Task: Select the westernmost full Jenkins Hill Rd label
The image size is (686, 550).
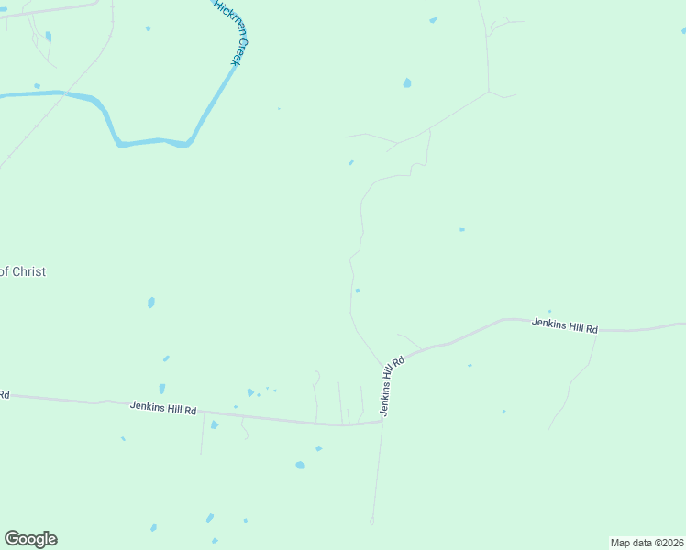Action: [x=163, y=409]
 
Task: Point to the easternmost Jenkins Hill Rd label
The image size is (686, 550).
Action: [x=564, y=327]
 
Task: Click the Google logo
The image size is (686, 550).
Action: [x=30, y=538]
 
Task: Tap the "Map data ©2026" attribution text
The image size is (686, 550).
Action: [x=647, y=543]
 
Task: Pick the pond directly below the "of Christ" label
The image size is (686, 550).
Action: [x=151, y=302]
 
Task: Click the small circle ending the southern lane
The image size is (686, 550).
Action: [x=371, y=522]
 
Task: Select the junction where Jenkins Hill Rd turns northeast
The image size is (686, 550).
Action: [x=382, y=422]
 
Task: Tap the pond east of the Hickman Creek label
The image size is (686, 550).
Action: [x=406, y=83]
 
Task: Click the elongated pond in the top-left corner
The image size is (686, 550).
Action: [x=48, y=37]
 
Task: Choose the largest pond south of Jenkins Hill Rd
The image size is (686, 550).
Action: [x=300, y=465]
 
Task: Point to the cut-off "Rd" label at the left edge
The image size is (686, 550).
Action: [x=5, y=395]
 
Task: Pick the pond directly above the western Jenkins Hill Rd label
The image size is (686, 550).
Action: [x=161, y=389]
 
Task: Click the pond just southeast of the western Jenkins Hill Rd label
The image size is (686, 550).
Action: [x=215, y=424]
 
